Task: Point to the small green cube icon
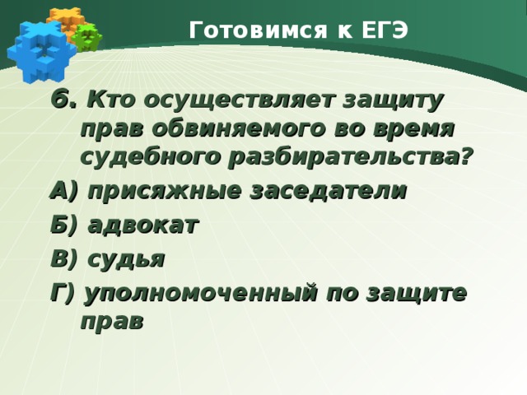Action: click(86, 36)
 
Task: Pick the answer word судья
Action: click(124, 259)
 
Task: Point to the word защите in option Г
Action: click(414, 294)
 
